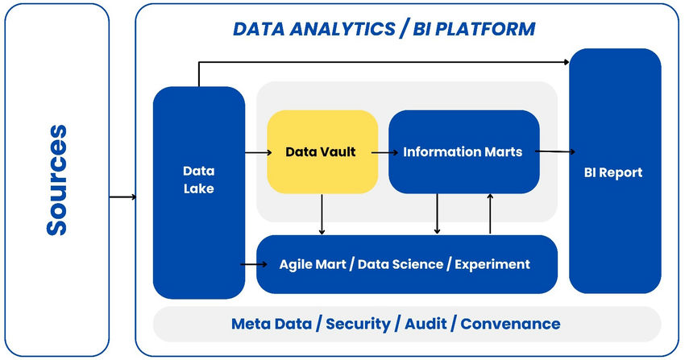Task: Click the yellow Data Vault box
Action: (322, 152)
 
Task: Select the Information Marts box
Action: (463, 152)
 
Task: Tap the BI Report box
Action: (615, 172)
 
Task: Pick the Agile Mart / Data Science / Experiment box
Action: (405, 264)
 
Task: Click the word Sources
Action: (56, 180)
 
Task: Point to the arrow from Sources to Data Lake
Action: (122, 196)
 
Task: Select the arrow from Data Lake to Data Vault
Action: (256, 152)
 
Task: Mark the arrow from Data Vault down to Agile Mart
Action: (322, 214)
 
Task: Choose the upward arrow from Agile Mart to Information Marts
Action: (490, 214)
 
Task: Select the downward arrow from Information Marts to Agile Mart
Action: (437, 214)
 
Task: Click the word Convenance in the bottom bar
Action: (510, 324)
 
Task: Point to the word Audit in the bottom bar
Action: (421, 324)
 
